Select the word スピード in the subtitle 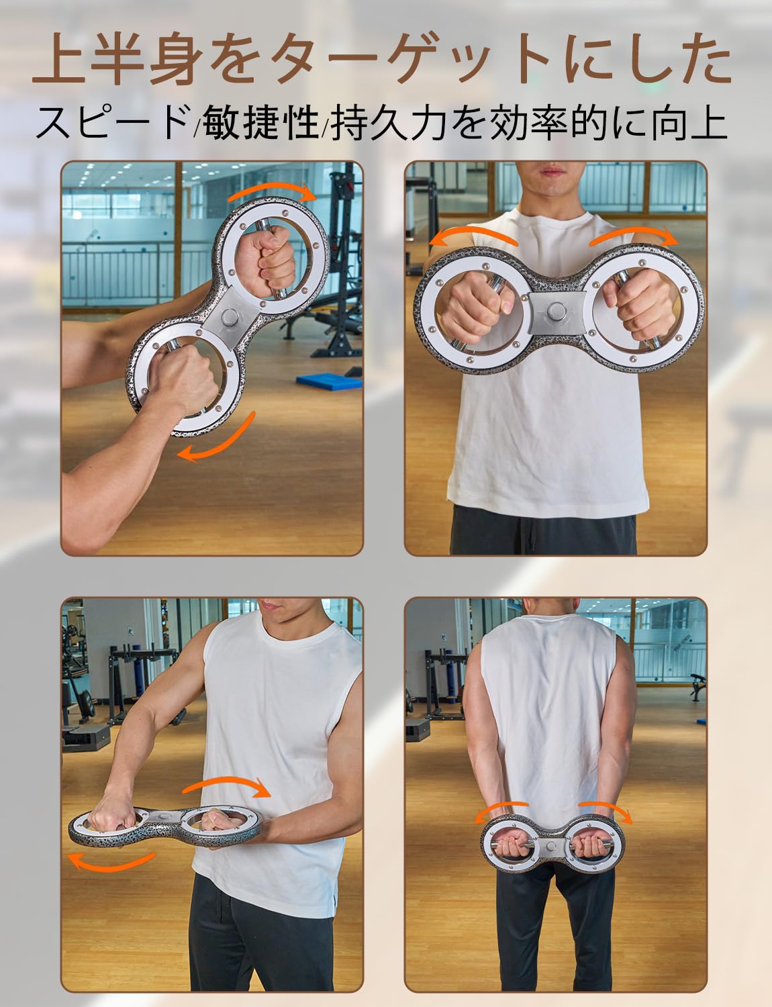tap(111, 123)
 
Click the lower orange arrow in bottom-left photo tap(111, 859)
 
